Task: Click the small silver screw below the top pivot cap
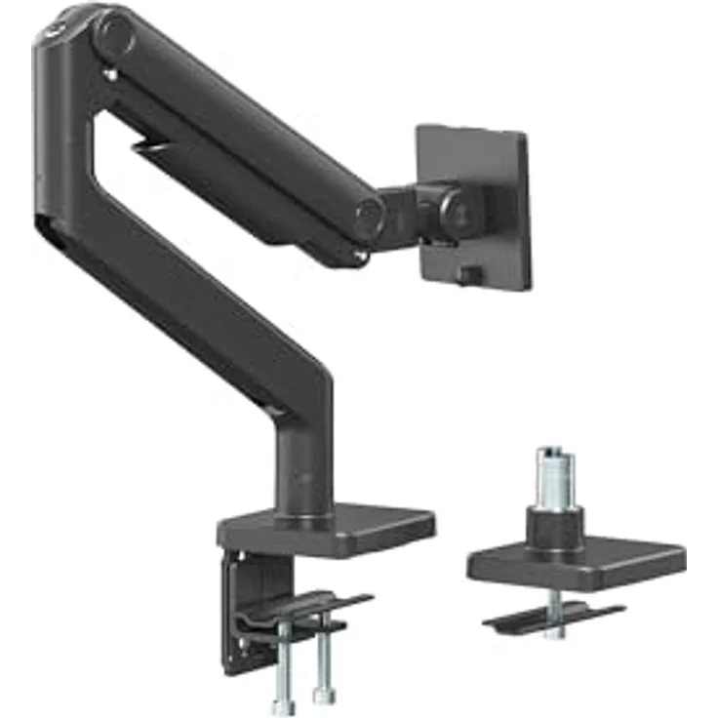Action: tap(111, 73)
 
